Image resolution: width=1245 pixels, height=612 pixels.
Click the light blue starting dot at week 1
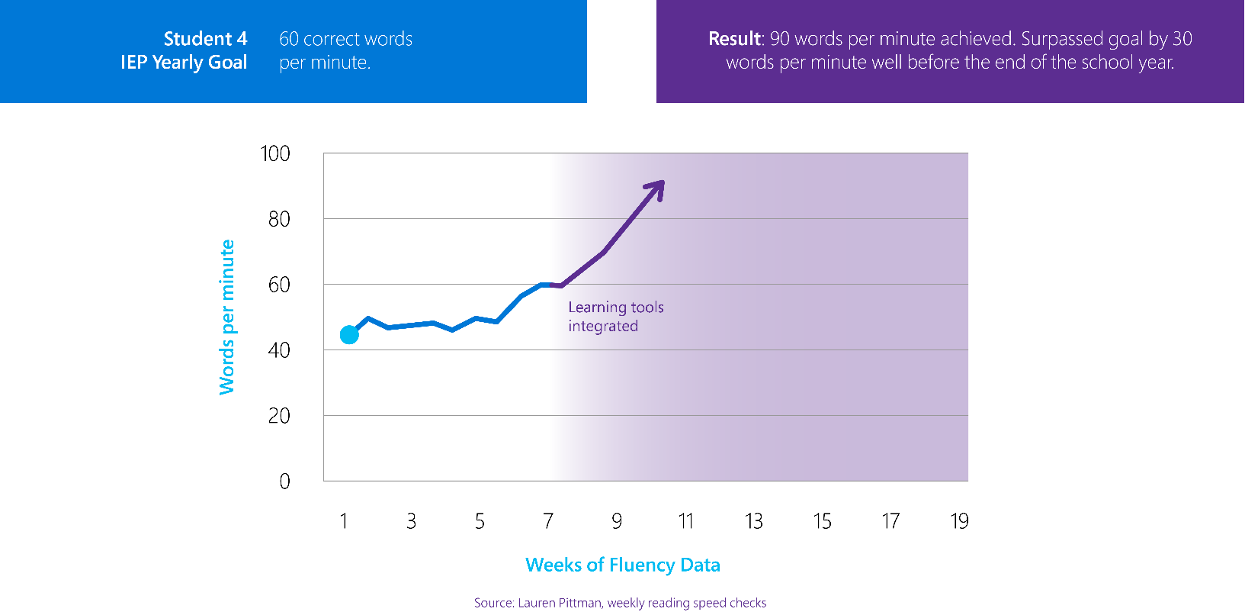point(349,334)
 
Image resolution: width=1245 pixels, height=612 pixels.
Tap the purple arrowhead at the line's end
point(657,188)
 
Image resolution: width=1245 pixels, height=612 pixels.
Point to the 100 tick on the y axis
point(275,154)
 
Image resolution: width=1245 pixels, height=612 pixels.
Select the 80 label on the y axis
point(279,220)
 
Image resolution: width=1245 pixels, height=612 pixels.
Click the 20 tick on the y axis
point(279,416)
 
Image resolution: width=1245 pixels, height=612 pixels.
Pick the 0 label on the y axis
point(284,482)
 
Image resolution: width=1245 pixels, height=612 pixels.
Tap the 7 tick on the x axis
point(548,521)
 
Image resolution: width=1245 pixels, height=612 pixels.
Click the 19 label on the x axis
point(959,521)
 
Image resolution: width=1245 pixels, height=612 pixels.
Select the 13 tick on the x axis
point(753,521)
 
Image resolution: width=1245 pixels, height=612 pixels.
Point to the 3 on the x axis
point(411,521)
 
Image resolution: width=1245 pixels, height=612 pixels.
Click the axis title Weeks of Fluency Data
point(622,565)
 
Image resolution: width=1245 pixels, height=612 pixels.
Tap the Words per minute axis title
point(226,317)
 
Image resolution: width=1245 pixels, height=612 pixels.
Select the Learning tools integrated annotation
point(615,317)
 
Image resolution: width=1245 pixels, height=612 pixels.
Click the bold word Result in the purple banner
point(734,39)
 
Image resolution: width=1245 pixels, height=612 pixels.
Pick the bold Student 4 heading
point(205,39)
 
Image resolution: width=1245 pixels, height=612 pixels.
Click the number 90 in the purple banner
point(780,39)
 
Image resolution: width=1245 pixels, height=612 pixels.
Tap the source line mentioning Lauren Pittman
point(620,603)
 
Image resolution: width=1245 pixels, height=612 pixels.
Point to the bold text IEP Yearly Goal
point(184,63)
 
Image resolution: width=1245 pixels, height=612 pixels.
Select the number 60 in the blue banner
point(289,39)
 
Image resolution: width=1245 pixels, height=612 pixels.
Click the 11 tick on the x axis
point(685,521)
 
